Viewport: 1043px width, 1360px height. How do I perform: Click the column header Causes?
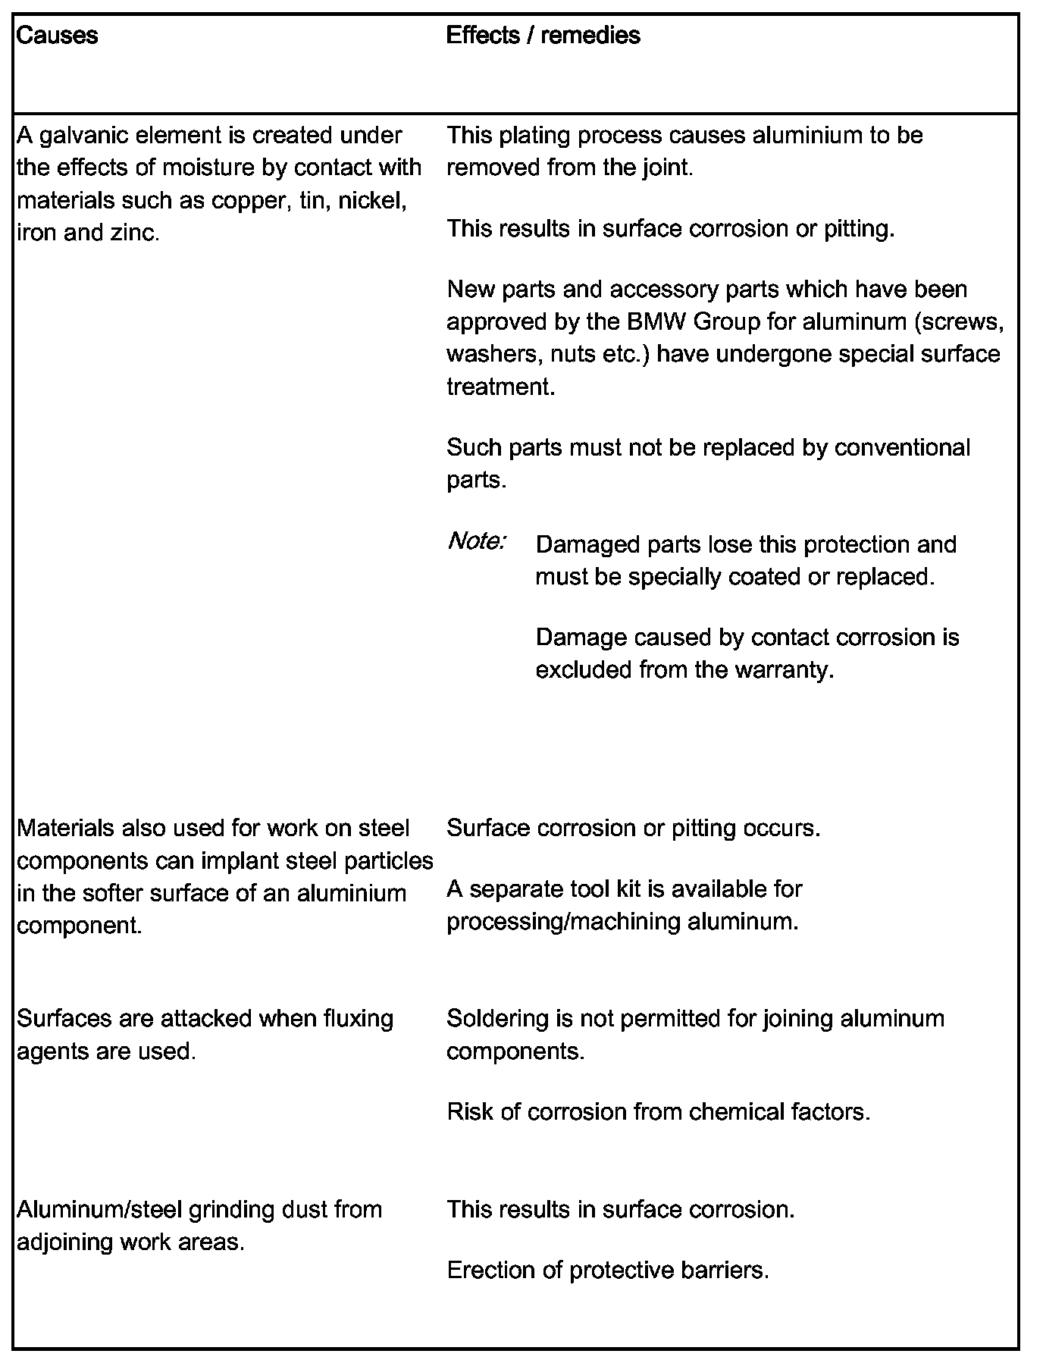[57, 36]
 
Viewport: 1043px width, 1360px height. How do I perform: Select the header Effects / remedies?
[543, 36]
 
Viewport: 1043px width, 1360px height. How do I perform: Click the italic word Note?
[477, 541]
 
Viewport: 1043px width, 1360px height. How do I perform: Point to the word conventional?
[901, 447]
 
